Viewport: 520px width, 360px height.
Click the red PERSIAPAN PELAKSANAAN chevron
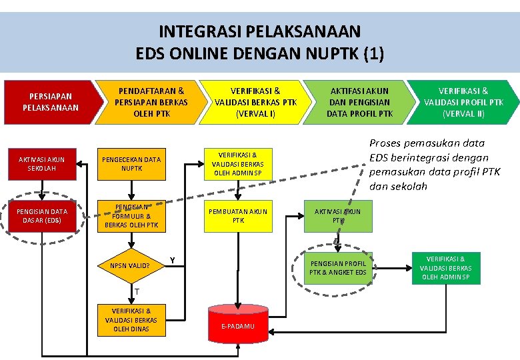point(50,102)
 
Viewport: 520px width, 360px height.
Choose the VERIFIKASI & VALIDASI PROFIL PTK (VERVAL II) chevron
point(463,102)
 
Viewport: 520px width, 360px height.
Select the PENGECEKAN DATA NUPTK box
point(131,164)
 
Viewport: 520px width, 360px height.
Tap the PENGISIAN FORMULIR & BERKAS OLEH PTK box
point(131,216)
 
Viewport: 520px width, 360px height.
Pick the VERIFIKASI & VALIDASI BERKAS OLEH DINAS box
point(131,319)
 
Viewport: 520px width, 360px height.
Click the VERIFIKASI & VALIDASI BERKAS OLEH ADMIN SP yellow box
point(238,163)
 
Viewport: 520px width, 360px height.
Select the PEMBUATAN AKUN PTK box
point(238,215)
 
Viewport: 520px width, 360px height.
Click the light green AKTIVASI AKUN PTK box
point(337,215)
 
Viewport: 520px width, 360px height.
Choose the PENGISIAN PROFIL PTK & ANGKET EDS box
point(337,267)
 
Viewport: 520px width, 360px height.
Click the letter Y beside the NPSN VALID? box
point(172,259)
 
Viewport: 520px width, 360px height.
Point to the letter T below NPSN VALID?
point(136,292)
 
